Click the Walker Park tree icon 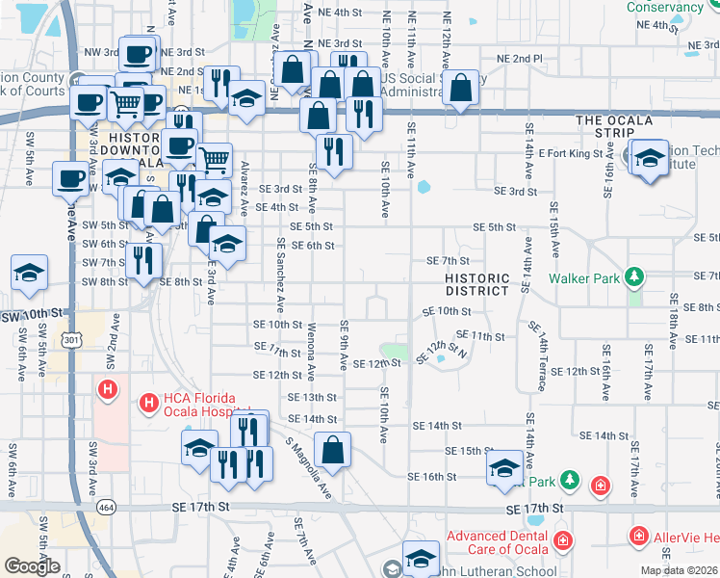click(x=633, y=278)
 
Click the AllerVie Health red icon click(x=637, y=536)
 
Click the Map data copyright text click(x=680, y=570)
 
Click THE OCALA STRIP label click(x=614, y=120)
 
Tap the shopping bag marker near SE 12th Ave click(x=462, y=87)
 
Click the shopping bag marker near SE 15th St click(x=332, y=449)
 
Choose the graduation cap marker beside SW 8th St click(x=30, y=272)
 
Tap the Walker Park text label click(x=584, y=278)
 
